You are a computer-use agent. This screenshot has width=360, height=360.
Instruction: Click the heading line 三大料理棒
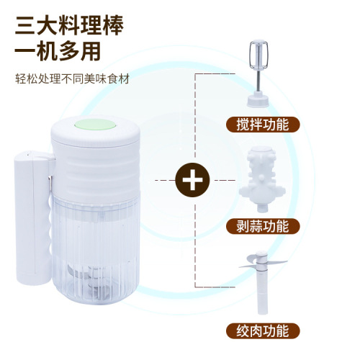click(68, 24)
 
